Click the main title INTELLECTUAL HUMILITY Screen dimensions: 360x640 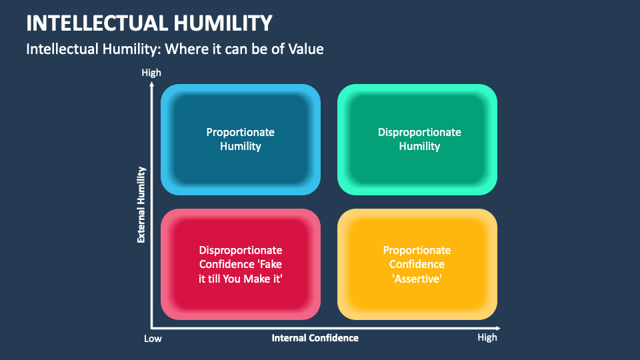click(149, 23)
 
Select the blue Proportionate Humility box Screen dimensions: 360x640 click(241, 139)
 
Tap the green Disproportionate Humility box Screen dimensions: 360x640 click(417, 139)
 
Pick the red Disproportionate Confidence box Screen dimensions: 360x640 click(241, 264)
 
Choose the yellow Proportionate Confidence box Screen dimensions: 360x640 click(417, 264)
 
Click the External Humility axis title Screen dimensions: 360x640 click(141, 205)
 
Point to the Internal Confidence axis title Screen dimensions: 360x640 click(315, 338)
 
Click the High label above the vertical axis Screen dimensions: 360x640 click(151, 73)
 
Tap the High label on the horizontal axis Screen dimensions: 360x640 click(487, 337)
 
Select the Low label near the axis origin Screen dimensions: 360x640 click(153, 339)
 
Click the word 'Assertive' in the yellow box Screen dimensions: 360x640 click(417, 278)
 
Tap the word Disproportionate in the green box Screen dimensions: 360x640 click(419, 132)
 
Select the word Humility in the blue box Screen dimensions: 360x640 click(241, 146)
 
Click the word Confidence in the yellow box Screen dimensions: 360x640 click(417, 264)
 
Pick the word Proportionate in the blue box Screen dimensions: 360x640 click(241, 132)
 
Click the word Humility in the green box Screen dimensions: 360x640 click(419, 146)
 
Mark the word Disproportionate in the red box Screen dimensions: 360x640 click(241, 250)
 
